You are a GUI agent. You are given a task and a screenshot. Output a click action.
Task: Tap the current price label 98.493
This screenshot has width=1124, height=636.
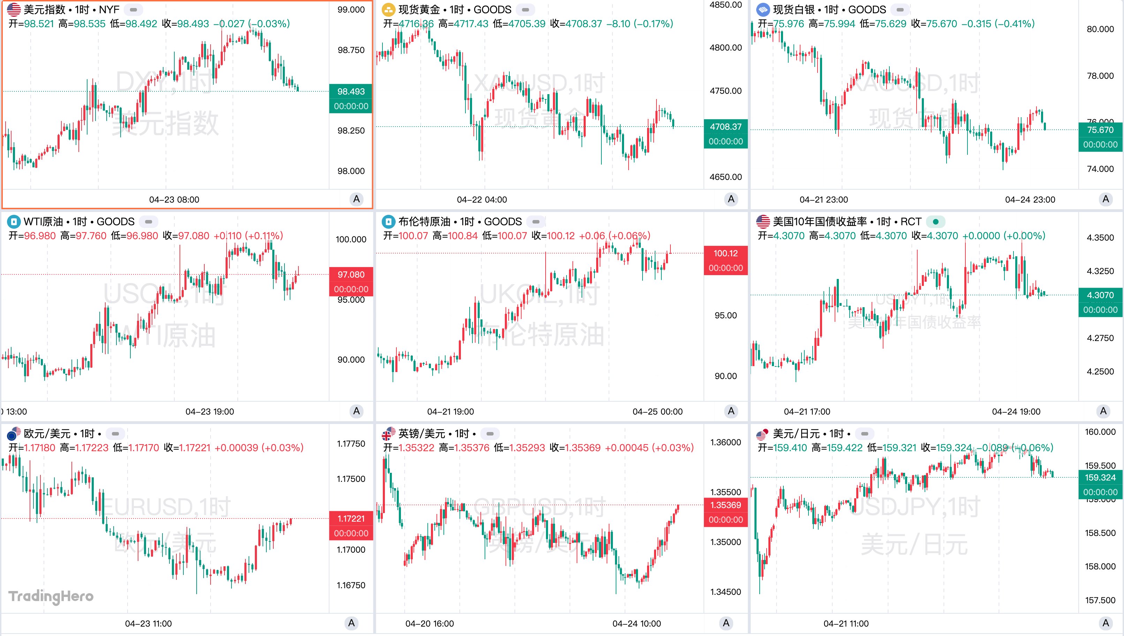click(x=351, y=92)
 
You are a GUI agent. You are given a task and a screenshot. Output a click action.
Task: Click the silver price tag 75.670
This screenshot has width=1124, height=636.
click(x=1100, y=130)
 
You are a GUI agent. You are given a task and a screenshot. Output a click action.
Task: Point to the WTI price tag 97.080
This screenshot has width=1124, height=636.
click(x=351, y=275)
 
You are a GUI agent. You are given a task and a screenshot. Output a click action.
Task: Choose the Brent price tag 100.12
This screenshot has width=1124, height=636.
click(x=725, y=253)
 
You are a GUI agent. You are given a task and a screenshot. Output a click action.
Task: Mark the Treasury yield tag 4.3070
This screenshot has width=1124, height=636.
click(x=1100, y=295)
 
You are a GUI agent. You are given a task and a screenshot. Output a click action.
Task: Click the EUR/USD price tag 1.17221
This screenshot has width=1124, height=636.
click(x=351, y=518)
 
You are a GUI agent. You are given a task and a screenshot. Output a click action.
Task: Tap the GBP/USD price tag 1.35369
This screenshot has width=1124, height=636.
click(x=725, y=505)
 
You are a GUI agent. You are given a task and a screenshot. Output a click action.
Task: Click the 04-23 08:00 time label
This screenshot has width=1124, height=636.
click(x=174, y=200)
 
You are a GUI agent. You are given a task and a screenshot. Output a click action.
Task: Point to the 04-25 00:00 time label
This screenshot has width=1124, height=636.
click(x=657, y=411)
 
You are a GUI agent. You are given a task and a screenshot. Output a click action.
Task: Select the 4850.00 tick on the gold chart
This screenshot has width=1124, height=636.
click(x=725, y=5)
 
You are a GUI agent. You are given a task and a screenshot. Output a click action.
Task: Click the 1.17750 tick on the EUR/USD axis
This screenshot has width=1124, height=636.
click(x=351, y=444)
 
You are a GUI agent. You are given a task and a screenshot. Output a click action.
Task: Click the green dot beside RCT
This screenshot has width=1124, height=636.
click(x=935, y=222)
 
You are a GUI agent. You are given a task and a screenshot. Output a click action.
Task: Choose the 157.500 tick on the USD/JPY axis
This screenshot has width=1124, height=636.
click(x=1100, y=600)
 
